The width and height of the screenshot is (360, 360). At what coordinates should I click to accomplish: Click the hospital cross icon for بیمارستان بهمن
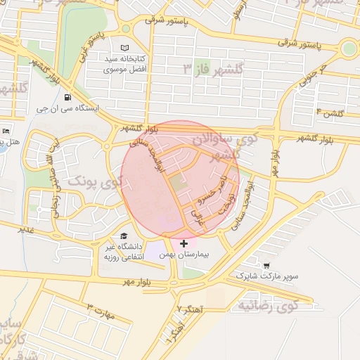184,243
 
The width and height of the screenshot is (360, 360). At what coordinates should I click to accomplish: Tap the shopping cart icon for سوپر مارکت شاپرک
266,266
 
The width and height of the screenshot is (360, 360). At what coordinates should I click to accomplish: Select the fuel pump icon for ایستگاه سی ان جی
67,98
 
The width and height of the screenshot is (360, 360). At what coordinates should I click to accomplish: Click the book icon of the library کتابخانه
125,47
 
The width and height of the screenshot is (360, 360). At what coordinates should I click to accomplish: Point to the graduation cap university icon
124,236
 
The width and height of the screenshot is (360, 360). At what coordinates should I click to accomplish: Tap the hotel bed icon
6,131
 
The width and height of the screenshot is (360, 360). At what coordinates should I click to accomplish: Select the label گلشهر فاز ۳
212,69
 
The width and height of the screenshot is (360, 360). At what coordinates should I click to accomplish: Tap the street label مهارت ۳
98,308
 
